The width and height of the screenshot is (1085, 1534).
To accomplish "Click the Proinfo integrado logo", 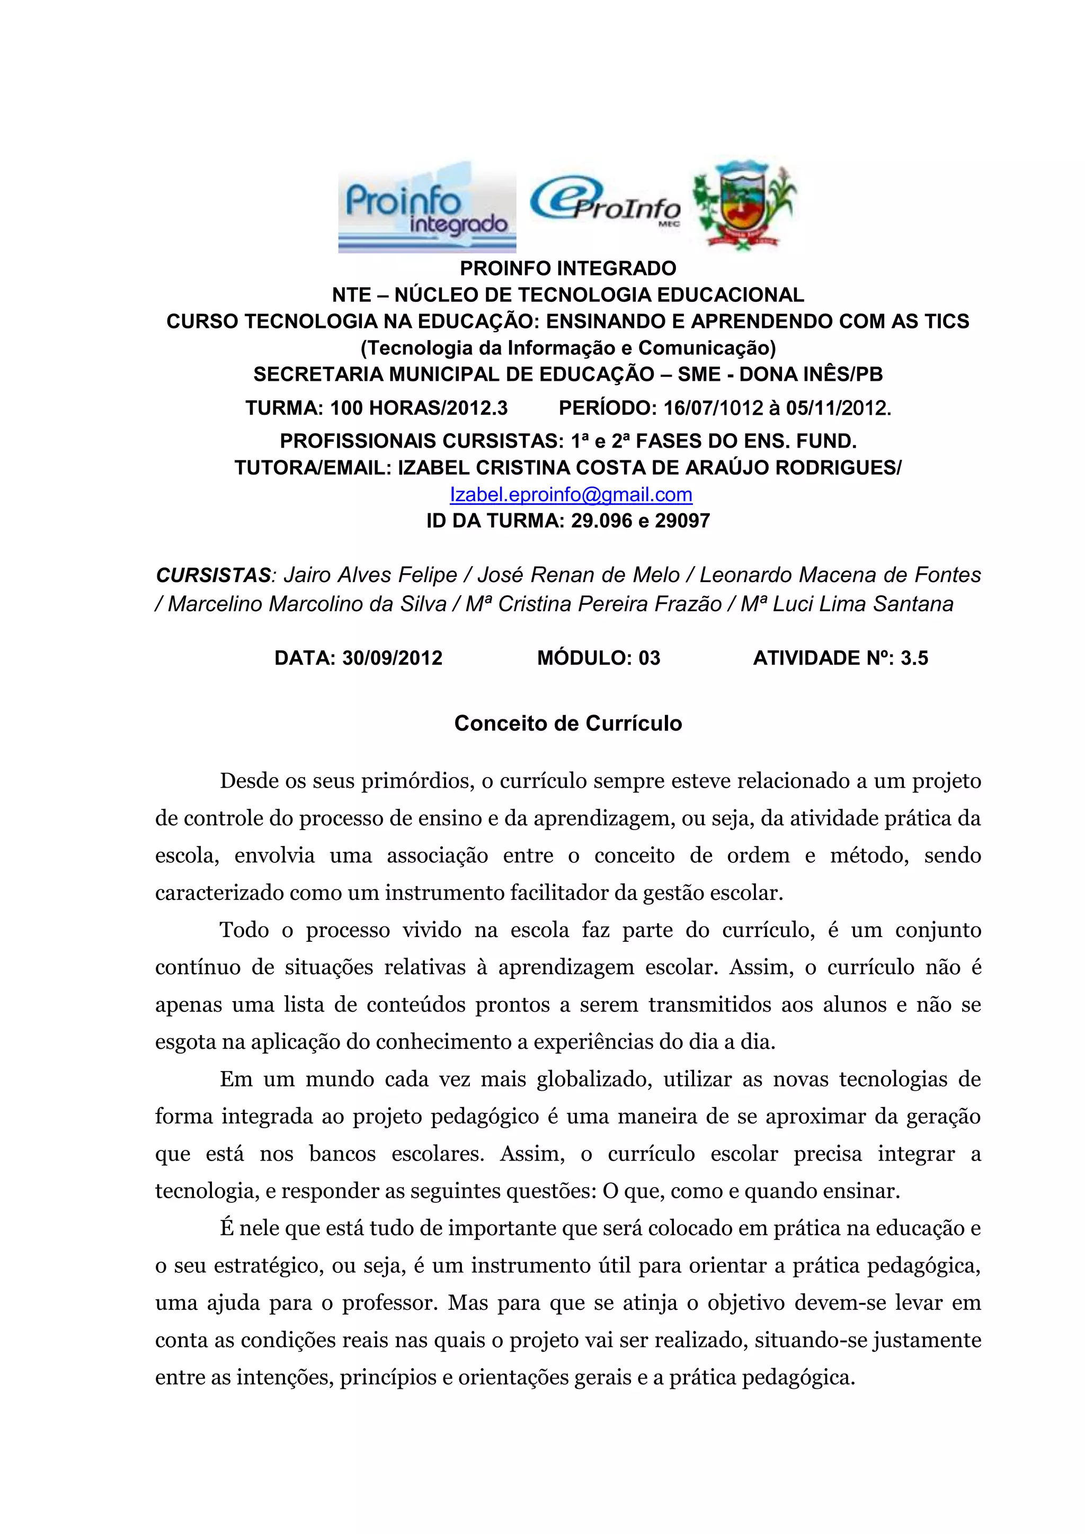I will pyautogui.click(x=427, y=207).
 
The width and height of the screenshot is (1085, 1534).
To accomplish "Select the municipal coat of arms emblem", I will pyautogui.click(x=744, y=205).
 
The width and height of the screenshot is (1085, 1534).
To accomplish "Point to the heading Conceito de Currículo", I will pyautogui.click(x=568, y=724).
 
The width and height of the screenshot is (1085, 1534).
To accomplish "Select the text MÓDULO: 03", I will pyautogui.click(x=599, y=658).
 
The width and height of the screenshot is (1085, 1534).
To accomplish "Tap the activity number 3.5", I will pyautogui.click(x=914, y=658).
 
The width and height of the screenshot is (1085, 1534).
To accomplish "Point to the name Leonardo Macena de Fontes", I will pyautogui.click(x=840, y=575).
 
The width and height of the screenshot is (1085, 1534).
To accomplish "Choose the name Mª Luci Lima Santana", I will pyautogui.click(x=847, y=604).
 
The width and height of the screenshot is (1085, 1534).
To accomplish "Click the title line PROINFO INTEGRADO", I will pyautogui.click(x=568, y=269).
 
